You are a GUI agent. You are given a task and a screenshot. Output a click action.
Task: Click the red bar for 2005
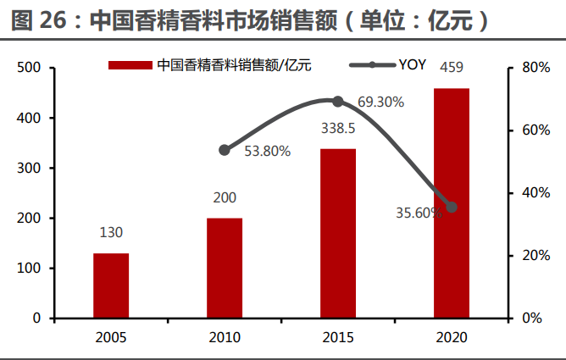coord(111,285)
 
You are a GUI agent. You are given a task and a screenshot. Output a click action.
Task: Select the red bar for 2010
coord(225,268)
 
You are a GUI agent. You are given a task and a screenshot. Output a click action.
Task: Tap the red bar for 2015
coord(338,234)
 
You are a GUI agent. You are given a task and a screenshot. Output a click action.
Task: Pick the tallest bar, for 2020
coord(451,203)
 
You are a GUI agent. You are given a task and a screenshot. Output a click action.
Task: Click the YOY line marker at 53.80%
coord(225,150)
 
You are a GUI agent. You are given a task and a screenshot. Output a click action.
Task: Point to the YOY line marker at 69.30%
coord(338,102)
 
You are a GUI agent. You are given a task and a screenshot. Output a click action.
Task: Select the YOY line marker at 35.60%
coord(452,207)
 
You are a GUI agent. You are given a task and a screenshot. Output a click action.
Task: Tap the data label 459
coord(451,69)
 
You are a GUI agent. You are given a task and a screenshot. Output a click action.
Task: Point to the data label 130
coord(111,232)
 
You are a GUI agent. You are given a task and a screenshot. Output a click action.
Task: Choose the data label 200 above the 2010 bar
coord(225,197)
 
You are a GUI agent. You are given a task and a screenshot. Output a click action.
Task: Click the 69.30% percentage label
coord(380,102)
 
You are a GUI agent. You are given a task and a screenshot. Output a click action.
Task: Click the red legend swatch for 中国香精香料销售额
coord(130,65)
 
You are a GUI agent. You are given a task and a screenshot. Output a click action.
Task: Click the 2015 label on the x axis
coord(338,337)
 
